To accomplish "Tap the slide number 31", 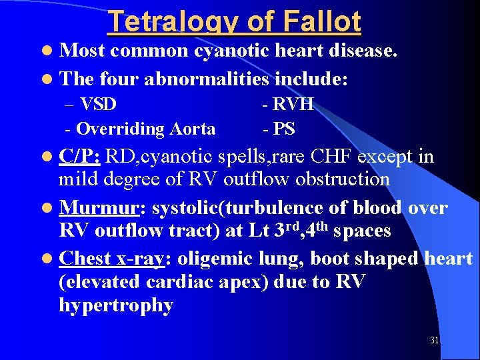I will [435, 341].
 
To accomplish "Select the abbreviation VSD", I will [98, 104].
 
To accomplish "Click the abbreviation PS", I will [283, 129].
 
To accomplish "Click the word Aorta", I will [193, 129].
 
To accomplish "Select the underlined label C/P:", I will [79, 157].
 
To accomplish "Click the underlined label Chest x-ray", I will [111, 258].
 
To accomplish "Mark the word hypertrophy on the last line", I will [116, 306].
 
